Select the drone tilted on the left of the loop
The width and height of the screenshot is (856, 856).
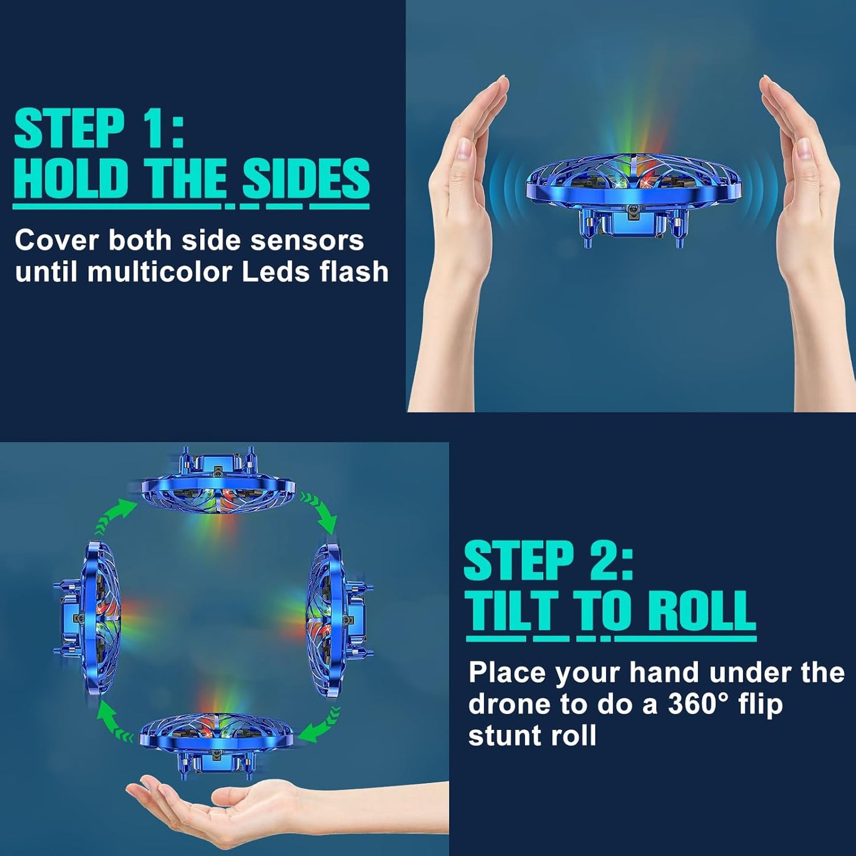pos(89,616)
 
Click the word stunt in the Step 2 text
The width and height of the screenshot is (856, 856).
pos(506,735)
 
